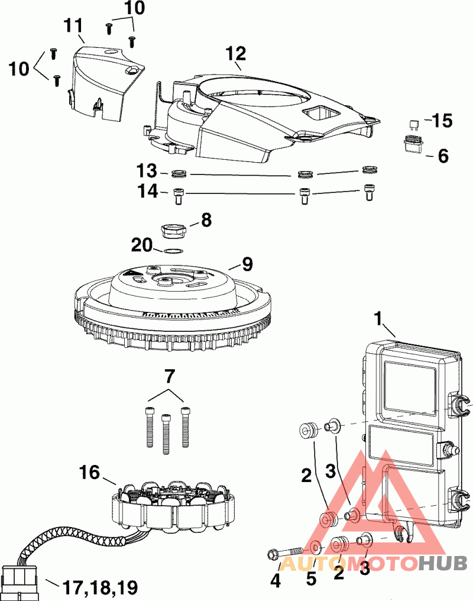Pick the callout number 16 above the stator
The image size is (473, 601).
90,471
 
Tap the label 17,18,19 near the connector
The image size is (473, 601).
100,587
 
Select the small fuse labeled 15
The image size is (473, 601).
414,124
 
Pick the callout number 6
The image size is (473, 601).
443,156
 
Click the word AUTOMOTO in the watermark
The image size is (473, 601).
349,563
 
